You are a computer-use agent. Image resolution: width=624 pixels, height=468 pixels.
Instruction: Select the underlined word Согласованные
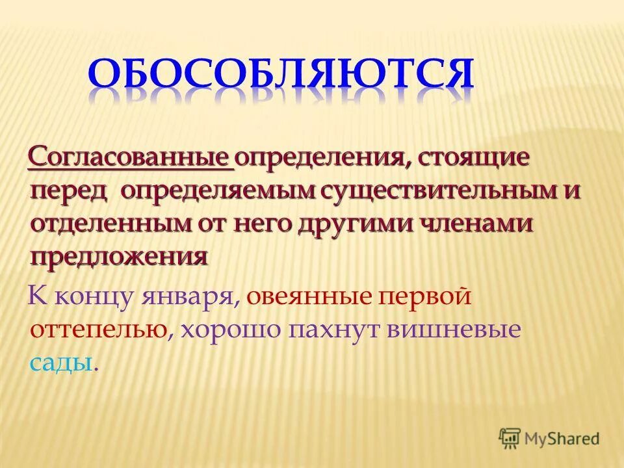pos(131,158)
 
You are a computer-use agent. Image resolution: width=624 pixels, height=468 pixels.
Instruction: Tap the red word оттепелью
pos(97,330)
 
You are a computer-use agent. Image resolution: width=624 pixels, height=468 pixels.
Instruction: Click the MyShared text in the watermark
pos(562,439)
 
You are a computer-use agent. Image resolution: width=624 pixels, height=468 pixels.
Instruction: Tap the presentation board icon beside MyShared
pos(510,439)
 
